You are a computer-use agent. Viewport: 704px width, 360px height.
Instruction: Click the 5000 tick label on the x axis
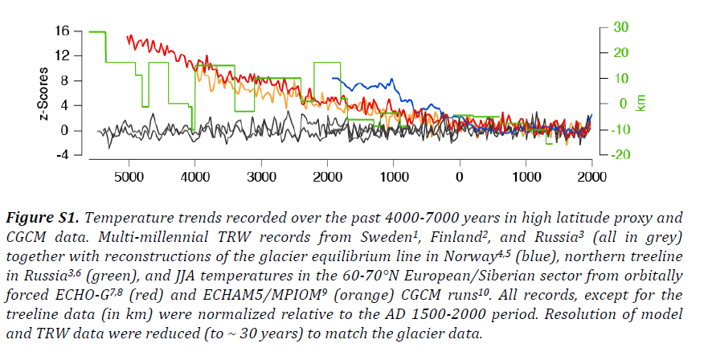coord(129,175)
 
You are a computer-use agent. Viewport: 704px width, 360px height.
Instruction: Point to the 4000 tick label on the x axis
coord(195,175)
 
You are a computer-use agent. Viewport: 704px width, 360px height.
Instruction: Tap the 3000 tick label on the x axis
coord(261,175)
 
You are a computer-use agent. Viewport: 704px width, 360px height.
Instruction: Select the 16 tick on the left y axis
coord(63,31)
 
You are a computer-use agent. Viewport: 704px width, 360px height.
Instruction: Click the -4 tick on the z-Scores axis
coord(63,155)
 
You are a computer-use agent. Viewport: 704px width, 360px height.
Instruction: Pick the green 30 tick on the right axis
coord(621,27)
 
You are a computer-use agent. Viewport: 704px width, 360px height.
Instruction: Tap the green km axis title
coord(641,104)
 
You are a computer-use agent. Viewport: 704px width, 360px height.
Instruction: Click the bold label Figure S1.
coord(47,218)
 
